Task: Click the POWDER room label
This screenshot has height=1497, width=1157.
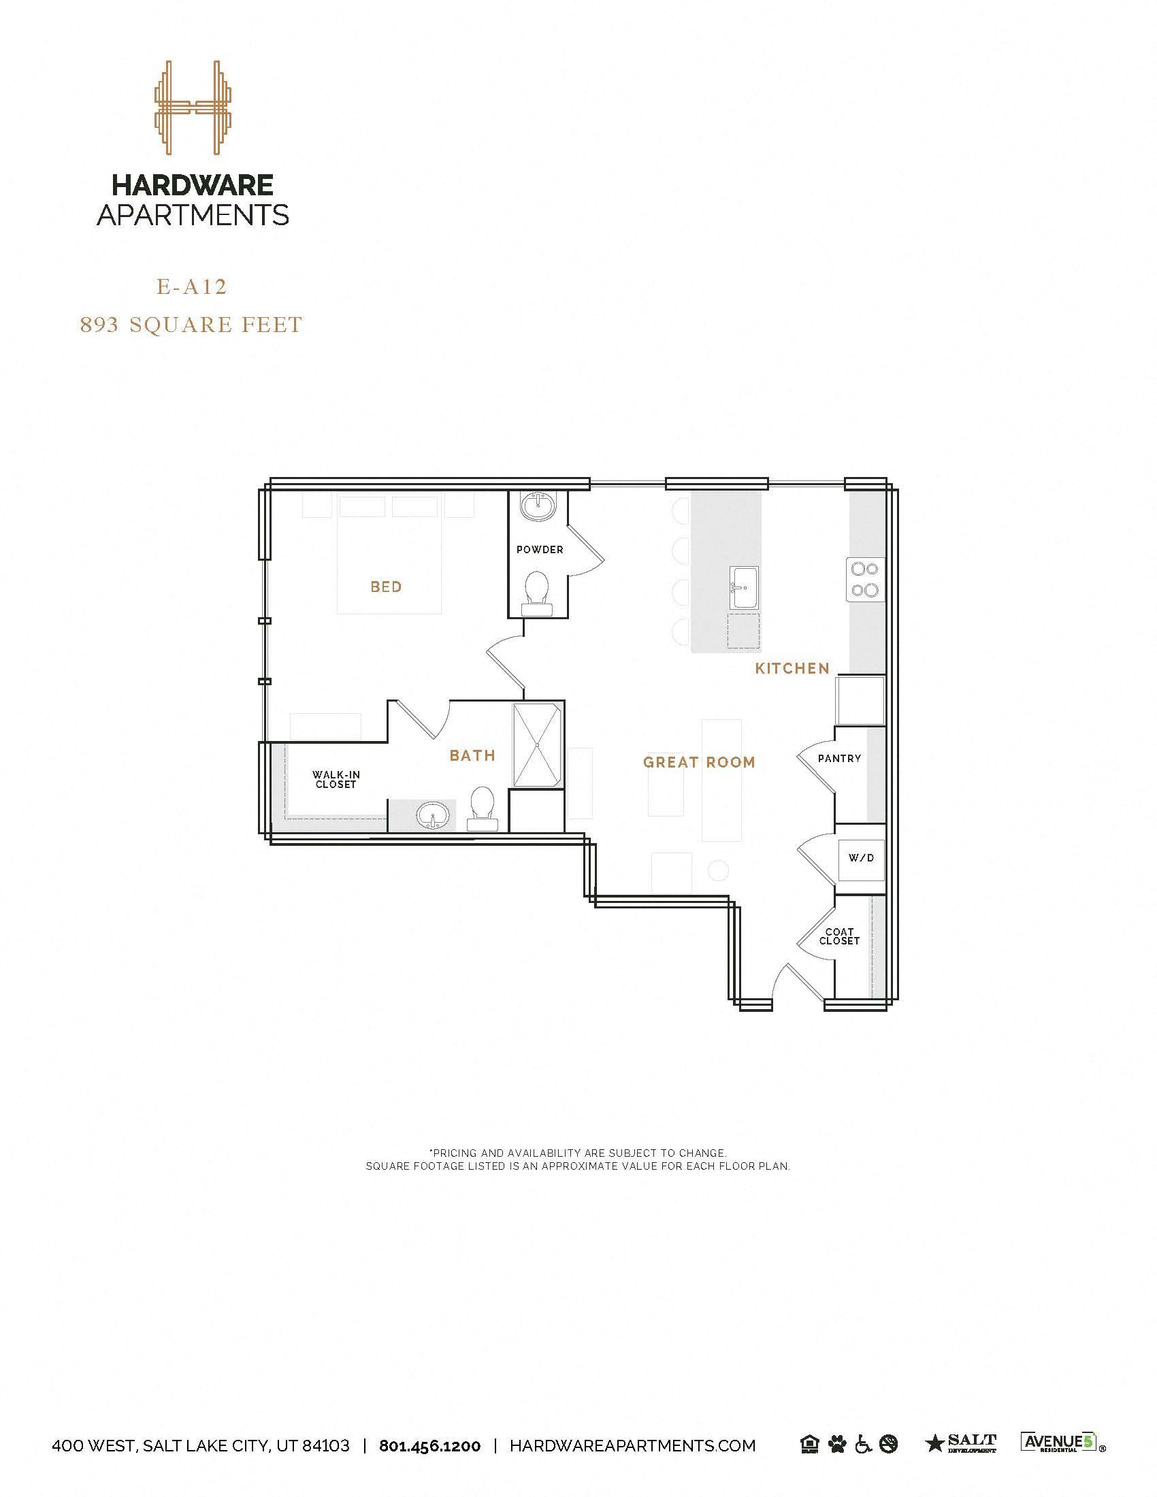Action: tap(540, 550)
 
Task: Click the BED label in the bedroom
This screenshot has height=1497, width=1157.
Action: tap(386, 587)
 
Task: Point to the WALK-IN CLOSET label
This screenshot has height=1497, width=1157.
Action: tap(336, 779)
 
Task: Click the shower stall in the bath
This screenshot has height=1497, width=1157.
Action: tap(538, 744)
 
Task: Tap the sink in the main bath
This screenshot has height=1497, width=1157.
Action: tap(431, 816)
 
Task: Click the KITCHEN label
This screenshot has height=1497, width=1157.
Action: tap(792, 668)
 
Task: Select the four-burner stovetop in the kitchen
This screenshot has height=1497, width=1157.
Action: tap(864, 580)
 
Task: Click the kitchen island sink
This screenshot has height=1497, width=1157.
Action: tap(744, 587)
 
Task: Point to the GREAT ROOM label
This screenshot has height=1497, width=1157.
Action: tap(699, 762)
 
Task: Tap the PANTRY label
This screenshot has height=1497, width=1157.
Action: tap(839, 759)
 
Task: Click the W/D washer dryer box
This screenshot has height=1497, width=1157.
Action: tap(862, 857)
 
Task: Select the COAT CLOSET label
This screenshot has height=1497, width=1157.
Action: tap(839, 936)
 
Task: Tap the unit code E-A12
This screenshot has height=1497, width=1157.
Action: tap(192, 286)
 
